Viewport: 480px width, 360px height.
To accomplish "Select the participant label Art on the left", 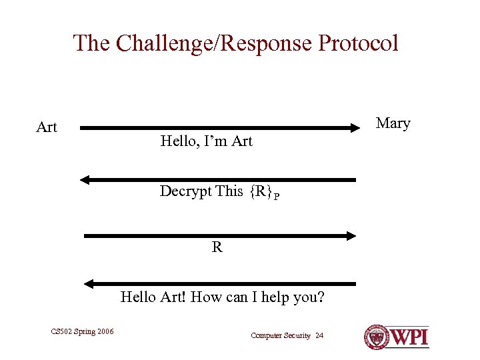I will [47, 127].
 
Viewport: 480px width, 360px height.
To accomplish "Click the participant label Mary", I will [393, 123].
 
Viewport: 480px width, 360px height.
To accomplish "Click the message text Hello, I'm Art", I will [206, 141].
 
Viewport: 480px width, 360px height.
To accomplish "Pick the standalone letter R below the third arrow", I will [217, 247].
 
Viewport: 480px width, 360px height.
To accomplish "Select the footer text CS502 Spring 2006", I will [82, 331].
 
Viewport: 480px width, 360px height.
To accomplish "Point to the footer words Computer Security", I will [280, 335].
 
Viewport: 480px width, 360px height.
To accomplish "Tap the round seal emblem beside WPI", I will [376, 337].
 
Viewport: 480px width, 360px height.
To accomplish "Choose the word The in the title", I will [92, 43].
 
